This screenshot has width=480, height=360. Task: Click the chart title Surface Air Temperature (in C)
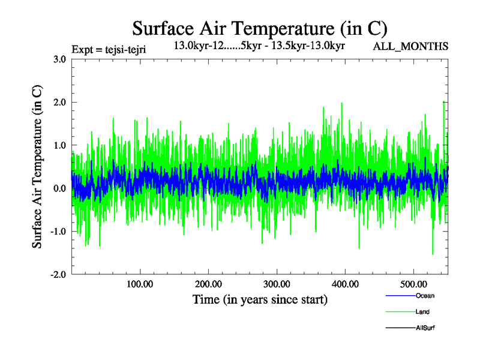click(x=259, y=28)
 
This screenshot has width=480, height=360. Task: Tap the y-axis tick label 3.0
click(x=59, y=59)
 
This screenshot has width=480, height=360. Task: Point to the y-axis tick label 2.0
click(x=59, y=103)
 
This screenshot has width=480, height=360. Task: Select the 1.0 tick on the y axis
click(x=59, y=146)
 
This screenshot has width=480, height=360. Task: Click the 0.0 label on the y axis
click(x=59, y=189)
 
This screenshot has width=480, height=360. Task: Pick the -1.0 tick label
click(x=57, y=232)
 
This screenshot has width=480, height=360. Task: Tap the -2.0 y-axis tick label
click(x=57, y=275)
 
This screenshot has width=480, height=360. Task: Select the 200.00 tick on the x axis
click(x=208, y=284)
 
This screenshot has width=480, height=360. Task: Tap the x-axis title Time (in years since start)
click(x=260, y=299)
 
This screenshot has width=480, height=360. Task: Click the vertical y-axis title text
click(x=37, y=167)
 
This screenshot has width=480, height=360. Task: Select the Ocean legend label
click(x=425, y=296)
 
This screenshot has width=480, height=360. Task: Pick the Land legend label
click(x=422, y=312)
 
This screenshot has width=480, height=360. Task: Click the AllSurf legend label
click(x=425, y=328)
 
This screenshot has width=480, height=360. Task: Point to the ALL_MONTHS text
click(x=411, y=46)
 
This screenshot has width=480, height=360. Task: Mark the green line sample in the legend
click(x=399, y=312)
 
